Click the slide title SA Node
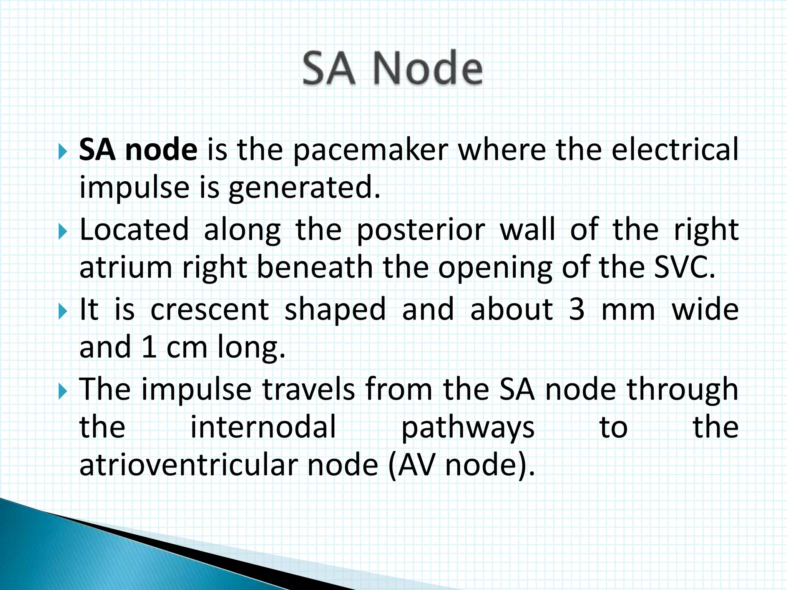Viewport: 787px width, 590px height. pyautogui.click(x=392, y=68)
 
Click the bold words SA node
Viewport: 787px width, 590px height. pyautogui.click(x=138, y=149)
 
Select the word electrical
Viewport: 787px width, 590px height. pyautogui.click(x=675, y=149)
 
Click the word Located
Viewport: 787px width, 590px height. pyautogui.click(x=134, y=230)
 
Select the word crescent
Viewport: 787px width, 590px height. pyautogui.click(x=210, y=310)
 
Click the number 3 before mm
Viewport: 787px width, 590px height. pyautogui.click(x=576, y=310)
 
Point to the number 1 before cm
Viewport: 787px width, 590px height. pyautogui.click(x=148, y=347)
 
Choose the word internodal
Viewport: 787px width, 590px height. pyautogui.click(x=263, y=427)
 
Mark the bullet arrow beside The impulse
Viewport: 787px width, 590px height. pyautogui.click(x=63, y=392)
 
